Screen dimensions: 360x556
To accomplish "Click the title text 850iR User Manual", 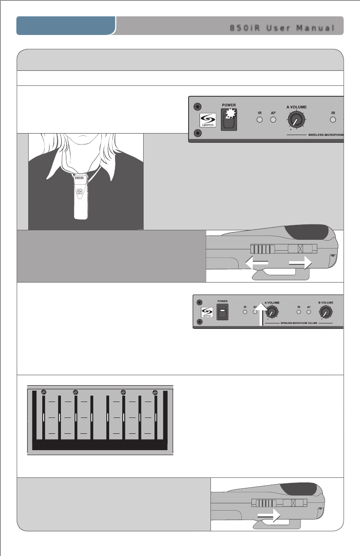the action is (282, 27).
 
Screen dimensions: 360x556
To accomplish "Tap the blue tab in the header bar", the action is (66, 26).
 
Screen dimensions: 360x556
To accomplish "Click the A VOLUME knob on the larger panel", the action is (296, 121).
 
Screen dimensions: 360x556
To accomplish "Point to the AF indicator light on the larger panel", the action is (273, 120).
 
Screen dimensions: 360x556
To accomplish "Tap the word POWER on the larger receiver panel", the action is (228, 104).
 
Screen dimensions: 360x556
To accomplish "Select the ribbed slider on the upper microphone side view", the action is (262, 250).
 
